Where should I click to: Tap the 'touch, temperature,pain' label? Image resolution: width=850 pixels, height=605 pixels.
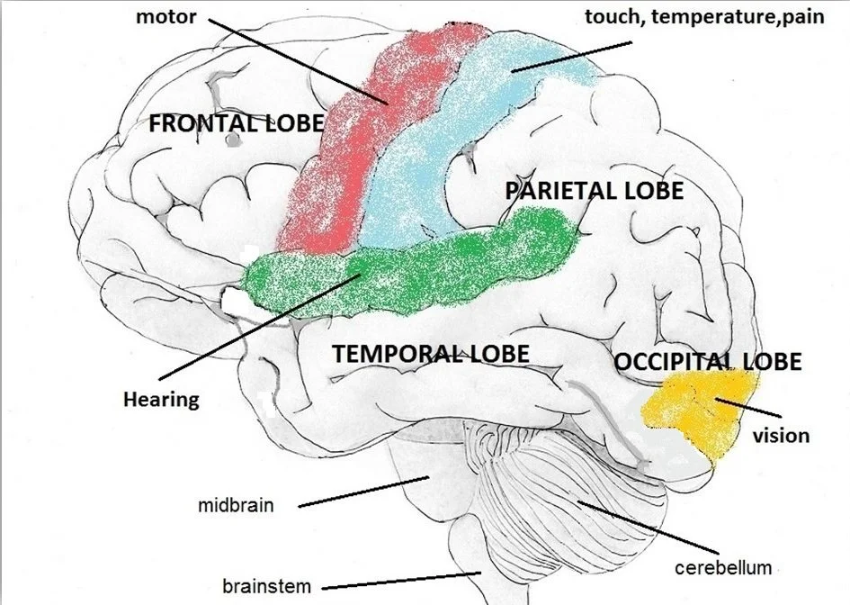click(702, 16)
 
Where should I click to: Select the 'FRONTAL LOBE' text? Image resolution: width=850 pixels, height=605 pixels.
click(236, 123)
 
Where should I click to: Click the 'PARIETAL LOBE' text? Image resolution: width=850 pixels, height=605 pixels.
click(594, 191)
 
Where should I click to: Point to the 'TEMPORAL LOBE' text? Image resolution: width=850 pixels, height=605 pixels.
click(431, 354)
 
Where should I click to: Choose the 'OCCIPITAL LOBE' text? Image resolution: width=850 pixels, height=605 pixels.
click(707, 362)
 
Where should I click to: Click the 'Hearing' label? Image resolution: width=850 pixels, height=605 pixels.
click(161, 398)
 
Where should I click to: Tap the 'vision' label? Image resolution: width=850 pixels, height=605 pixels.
click(781, 436)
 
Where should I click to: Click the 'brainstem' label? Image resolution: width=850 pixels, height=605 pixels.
click(266, 586)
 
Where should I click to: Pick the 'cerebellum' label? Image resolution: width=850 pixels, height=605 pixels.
click(723, 568)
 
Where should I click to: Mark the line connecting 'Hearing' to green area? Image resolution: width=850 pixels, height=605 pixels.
click(261, 329)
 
